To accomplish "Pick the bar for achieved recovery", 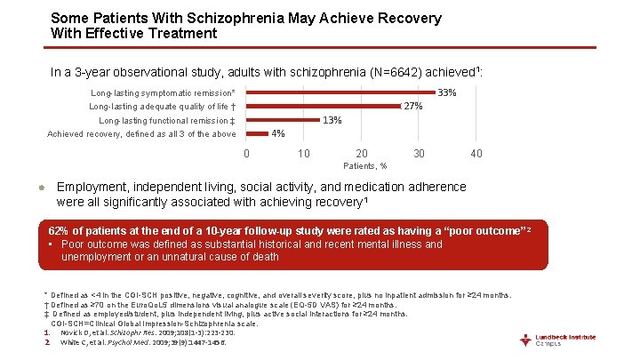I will [257, 134].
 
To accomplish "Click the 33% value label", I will [447, 92].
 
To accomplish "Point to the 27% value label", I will [412, 107].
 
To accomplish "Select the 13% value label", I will [332, 120].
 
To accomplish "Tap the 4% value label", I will [278, 134].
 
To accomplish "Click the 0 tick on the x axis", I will [246, 154].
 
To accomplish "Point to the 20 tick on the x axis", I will [362, 154].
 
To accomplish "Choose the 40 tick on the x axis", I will [476, 154].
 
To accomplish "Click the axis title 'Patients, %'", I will [364, 165].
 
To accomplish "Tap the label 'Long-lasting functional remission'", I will [167, 121].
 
